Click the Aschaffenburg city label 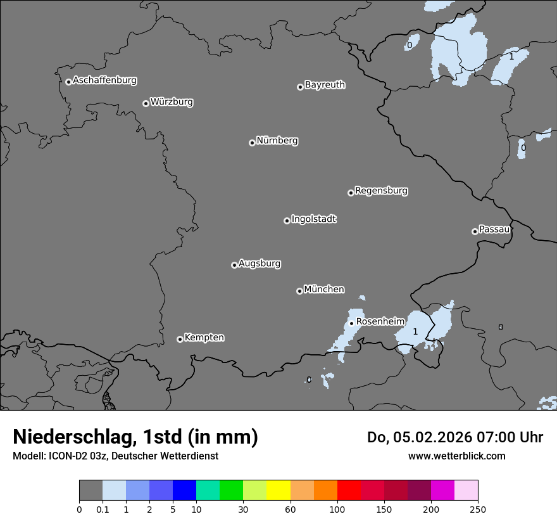tap(104, 80)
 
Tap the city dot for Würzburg tap(146, 103)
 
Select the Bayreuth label tap(325, 84)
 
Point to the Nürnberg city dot tap(252, 143)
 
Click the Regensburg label tap(381, 190)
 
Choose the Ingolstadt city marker tap(287, 221)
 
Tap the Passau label tap(494, 229)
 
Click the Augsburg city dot tap(234, 265)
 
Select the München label tap(324, 289)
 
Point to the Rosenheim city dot tap(352, 323)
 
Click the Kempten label tap(204, 337)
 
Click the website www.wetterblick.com tap(456, 456)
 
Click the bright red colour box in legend tap(349, 491)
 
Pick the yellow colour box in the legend tap(278, 491)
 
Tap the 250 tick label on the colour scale tap(477, 509)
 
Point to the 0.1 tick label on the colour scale tap(103, 509)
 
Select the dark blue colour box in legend tap(184, 491)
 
